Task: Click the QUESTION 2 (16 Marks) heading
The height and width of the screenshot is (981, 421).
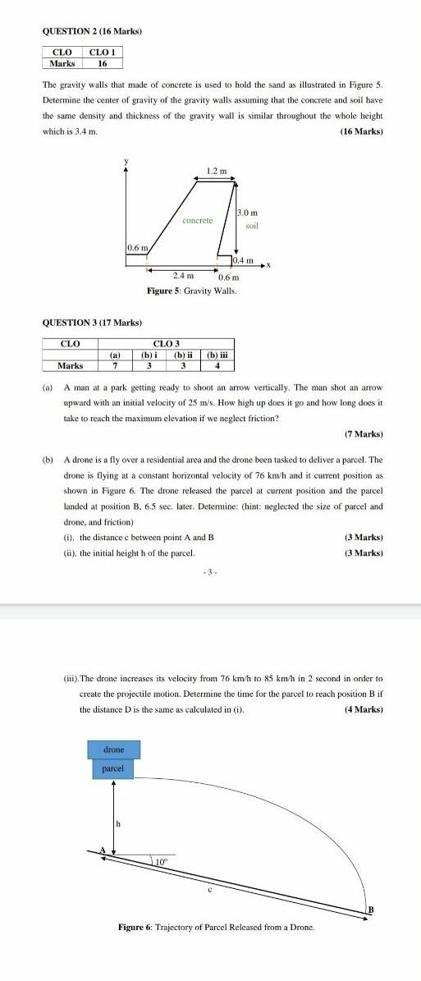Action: [x=92, y=31]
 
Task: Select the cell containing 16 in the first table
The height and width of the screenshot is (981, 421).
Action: [x=103, y=63]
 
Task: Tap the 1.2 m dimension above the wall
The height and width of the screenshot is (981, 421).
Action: [x=217, y=171]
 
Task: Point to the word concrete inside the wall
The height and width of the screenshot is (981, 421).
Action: [x=197, y=220]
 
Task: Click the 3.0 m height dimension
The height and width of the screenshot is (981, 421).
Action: [x=247, y=213]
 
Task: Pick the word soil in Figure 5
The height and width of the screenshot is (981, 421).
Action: [x=252, y=226]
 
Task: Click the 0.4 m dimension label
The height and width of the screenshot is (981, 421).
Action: [x=243, y=260]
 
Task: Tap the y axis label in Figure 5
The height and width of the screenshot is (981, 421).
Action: [x=126, y=160]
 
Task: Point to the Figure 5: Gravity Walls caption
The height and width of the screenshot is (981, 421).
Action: [x=191, y=291]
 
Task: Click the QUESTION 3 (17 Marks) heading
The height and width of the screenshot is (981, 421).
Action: [x=92, y=323]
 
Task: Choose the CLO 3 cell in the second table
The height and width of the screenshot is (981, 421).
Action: [x=167, y=343]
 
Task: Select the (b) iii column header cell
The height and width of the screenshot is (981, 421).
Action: [x=217, y=355]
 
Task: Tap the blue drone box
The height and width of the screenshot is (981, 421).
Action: [x=113, y=750]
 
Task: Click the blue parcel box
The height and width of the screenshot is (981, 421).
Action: [x=113, y=768]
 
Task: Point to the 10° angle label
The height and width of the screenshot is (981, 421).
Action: [x=162, y=838]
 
